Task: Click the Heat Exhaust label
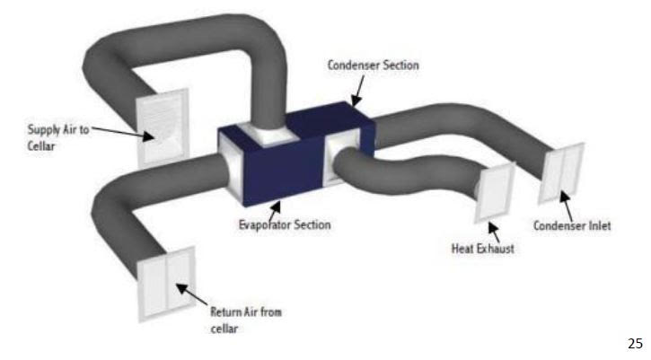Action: [x=482, y=249]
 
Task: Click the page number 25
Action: [x=633, y=342]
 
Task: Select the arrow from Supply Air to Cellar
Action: [x=121, y=133]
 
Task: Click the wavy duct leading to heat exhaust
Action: [x=413, y=180]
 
